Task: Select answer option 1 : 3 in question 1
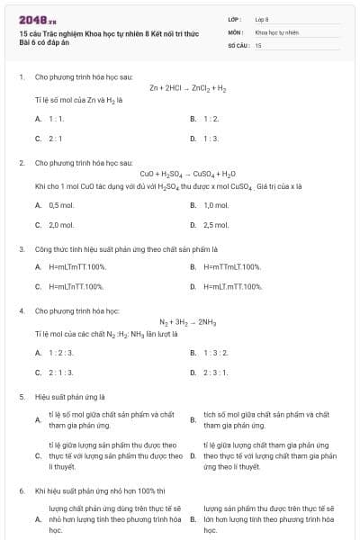click(x=211, y=139)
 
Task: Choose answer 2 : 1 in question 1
click(x=55, y=139)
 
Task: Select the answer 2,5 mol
click(x=216, y=225)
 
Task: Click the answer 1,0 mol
click(x=216, y=205)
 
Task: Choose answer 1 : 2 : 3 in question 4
click(x=61, y=353)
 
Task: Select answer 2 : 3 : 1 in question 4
click(x=216, y=372)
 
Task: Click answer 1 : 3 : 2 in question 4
click(x=216, y=353)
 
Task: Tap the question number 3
click(x=21, y=247)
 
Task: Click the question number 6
click(x=21, y=490)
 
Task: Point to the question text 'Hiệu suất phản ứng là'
click(x=69, y=395)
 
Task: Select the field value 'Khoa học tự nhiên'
click(x=277, y=31)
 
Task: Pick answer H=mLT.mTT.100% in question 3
click(x=233, y=286)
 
